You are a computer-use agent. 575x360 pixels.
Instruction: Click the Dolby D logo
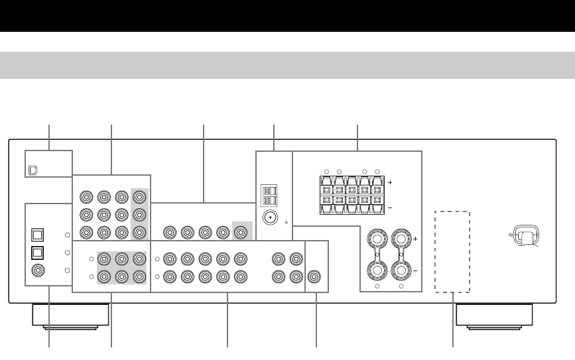pyautogui.click(x=33, y=170)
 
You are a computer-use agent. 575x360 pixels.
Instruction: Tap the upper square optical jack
pyautogui.click(x=37, y=235)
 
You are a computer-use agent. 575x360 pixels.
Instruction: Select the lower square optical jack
pyautogui.click(x=37, y=253)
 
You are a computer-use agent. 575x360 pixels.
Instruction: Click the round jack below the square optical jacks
pyautogui.click(x=37, y=270)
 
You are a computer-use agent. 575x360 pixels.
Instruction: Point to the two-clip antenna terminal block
pyautogui.click(x=269, y=194)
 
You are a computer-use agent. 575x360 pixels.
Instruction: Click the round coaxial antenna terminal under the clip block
pyautogui.click(x=269, y=217)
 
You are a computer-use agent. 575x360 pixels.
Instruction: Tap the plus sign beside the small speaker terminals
pyautogui.click(x=390, y=182)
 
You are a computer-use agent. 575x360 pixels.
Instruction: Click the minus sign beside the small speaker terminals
pyautogui.click(x=390, y=208)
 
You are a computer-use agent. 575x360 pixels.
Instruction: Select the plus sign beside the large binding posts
pyautogui.click(x=416, y=237)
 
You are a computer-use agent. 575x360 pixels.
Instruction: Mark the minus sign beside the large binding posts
pyautogui.click(x=416, y=271)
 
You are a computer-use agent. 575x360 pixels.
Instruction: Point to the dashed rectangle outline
pyautogui.click(x=452, y=252)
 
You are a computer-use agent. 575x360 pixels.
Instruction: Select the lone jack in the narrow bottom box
pyautogui.click(x=316, y=276)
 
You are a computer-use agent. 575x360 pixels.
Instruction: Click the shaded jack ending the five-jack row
pyautogui.click(x=239, y=233)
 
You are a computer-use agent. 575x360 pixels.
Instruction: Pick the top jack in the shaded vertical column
pyautogui.click(x=139, y=197)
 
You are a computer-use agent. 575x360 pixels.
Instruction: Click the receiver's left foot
pyautogui.click(x=70, y=316)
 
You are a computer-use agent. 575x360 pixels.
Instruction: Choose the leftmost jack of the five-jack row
pyautogui.click(x=170, y=233)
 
